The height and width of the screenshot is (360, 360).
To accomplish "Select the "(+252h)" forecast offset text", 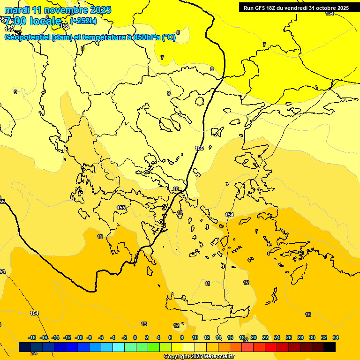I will point(83,21).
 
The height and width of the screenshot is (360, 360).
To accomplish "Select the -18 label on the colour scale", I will point(32,337).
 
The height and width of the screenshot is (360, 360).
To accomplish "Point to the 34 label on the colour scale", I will point(336,337).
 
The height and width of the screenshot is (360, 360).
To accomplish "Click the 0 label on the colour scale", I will point(135,337).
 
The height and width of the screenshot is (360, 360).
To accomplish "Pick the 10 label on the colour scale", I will point(195,337).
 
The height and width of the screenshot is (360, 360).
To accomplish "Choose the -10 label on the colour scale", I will point(79,337).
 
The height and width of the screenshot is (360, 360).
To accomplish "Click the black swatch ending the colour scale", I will point(330,347).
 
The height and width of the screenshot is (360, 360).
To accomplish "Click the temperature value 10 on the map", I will point(176,189).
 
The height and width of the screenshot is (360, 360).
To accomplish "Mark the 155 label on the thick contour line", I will point(200,148).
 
